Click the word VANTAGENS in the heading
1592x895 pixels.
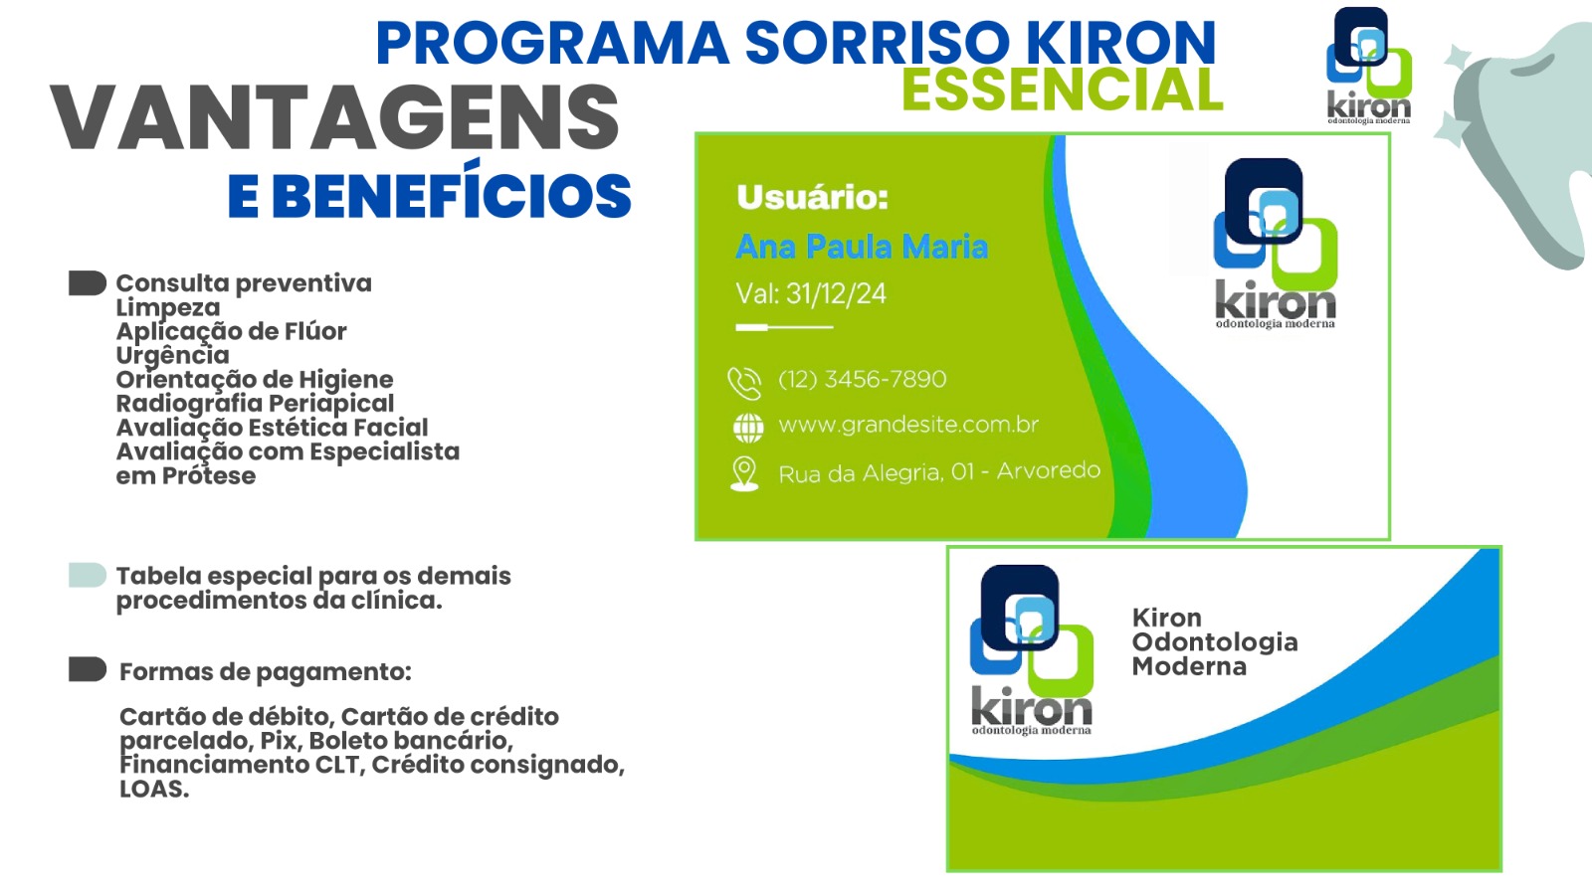[334, 117]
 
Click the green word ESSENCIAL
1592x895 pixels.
[1063, 90]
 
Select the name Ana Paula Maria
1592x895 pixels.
[862, 247]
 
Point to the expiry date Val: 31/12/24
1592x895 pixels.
[811, 293]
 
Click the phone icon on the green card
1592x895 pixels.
[744, 383]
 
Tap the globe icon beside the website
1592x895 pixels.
[747, 428]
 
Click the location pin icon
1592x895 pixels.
[744, 473]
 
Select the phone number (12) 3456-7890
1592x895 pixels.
[862, 379]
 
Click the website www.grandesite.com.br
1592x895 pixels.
[908, 425]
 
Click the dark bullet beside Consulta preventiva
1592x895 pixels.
[88, 282]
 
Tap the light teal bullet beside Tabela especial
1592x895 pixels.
[88, 576]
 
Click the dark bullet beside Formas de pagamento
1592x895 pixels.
[88, 669]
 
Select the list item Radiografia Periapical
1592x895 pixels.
[255, 404]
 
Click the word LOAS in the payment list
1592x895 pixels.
[154, 790]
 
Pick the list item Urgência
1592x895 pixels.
[173, 355]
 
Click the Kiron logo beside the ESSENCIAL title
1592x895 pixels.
[1369, 66]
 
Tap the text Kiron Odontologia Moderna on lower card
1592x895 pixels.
[1215, 642]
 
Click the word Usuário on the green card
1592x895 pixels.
[812, 197]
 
